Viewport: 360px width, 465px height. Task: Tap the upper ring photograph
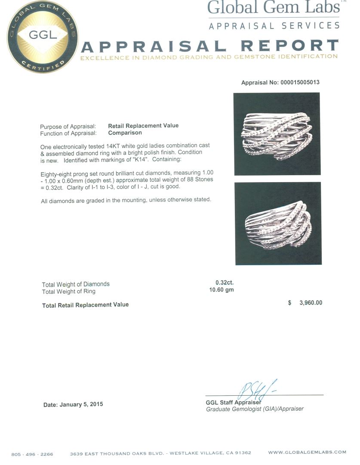(277, 134)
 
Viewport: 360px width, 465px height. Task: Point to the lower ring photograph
(278, 223)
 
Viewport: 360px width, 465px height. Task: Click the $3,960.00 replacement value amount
(305, 303)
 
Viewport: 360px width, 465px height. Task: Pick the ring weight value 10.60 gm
(222, 290)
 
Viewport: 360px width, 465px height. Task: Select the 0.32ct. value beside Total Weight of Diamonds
(225, 283)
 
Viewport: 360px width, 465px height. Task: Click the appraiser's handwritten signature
(257, 390)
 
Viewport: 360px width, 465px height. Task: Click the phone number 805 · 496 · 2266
(32, 453)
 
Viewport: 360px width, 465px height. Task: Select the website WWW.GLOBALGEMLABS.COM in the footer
(307, 453)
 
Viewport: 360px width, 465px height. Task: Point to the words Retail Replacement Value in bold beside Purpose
(143, 126)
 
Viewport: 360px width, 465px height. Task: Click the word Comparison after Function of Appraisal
(125, 133)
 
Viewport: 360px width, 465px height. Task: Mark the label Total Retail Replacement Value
(85, 305)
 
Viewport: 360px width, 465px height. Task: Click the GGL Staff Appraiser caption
(234, 403)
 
